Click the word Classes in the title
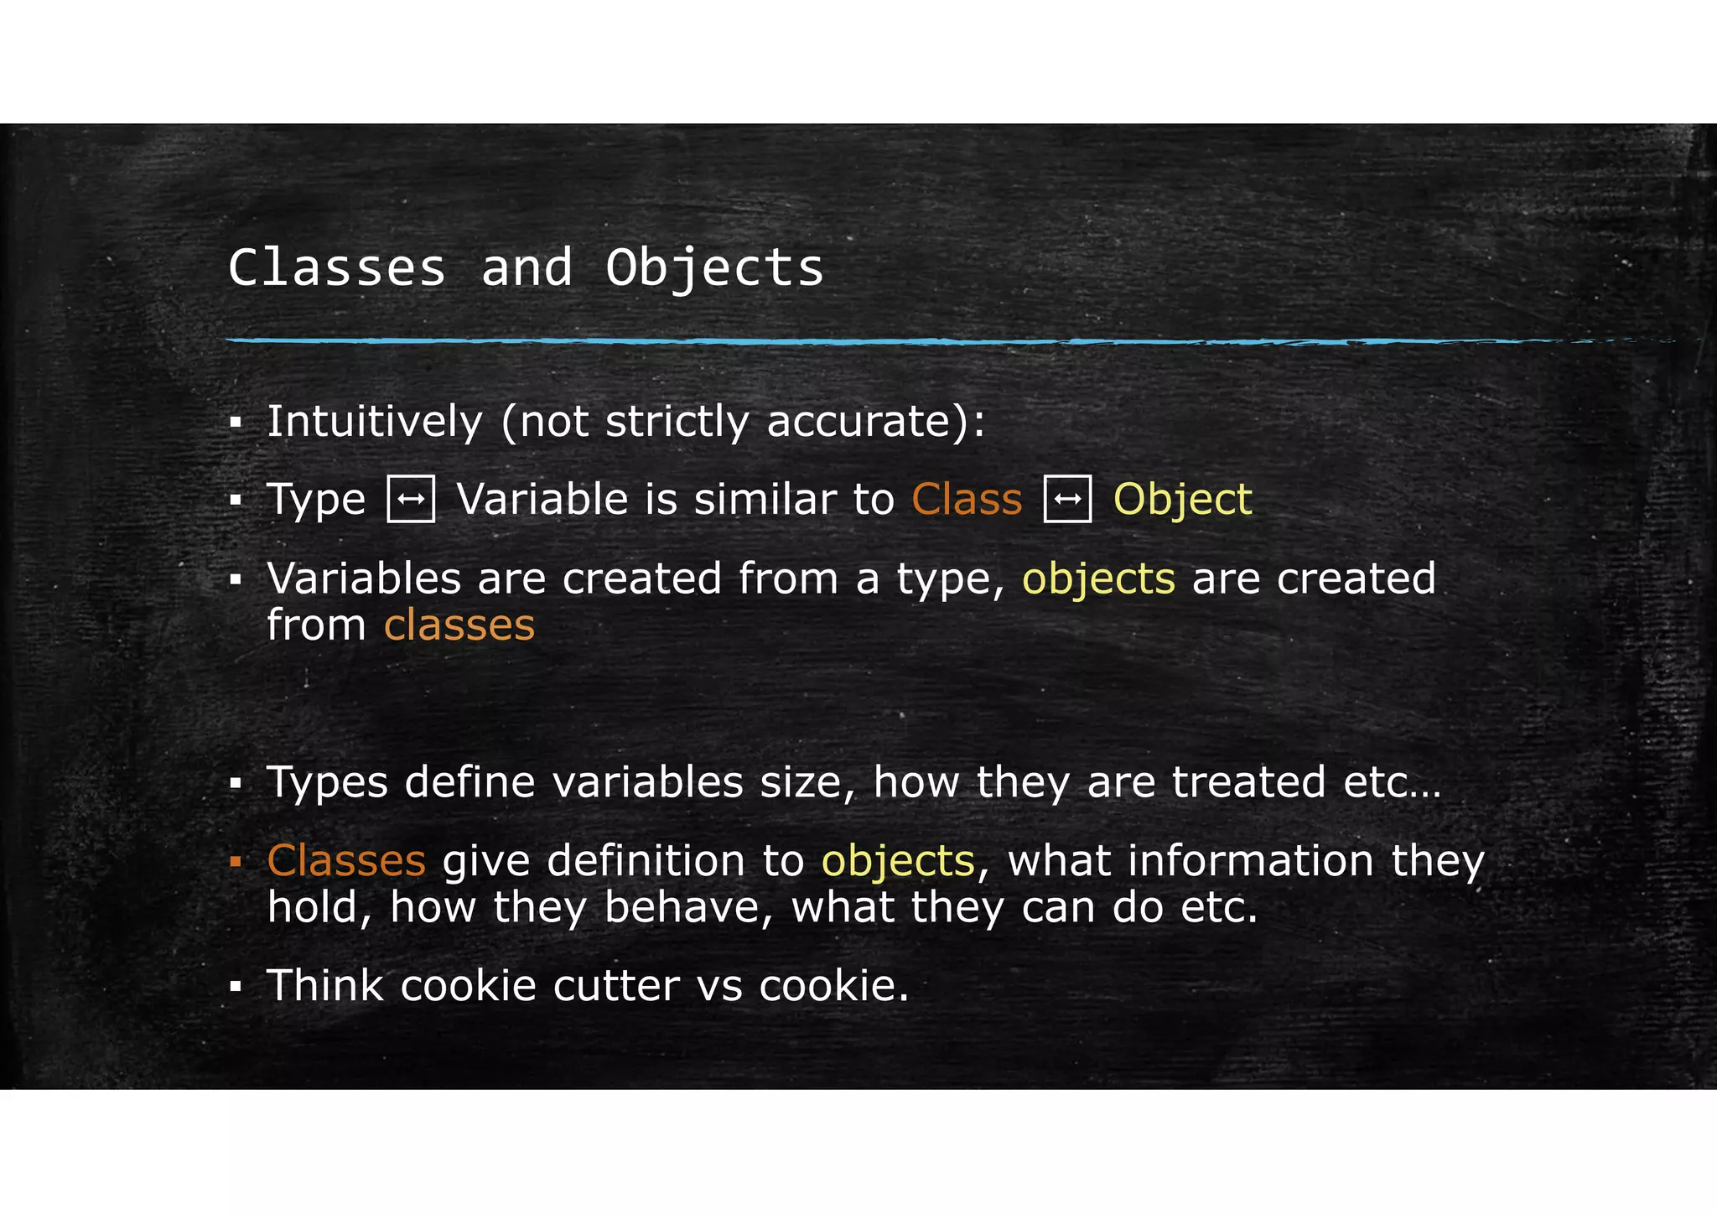(x=337, y=268)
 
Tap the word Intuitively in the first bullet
(x=374, y=421)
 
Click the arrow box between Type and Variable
(x=411, y=499)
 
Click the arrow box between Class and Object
(x=1067, y=499)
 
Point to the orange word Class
(x=967, y=500)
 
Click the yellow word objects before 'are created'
(x=1098, y=579)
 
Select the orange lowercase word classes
(x=459, y=625)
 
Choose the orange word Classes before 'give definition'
(x=346, y=861)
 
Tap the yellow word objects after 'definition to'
(x=898, y=862)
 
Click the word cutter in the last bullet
(x=616, y=986)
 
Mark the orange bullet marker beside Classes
(x=236, y=861)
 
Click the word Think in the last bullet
(x=324, y=986)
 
